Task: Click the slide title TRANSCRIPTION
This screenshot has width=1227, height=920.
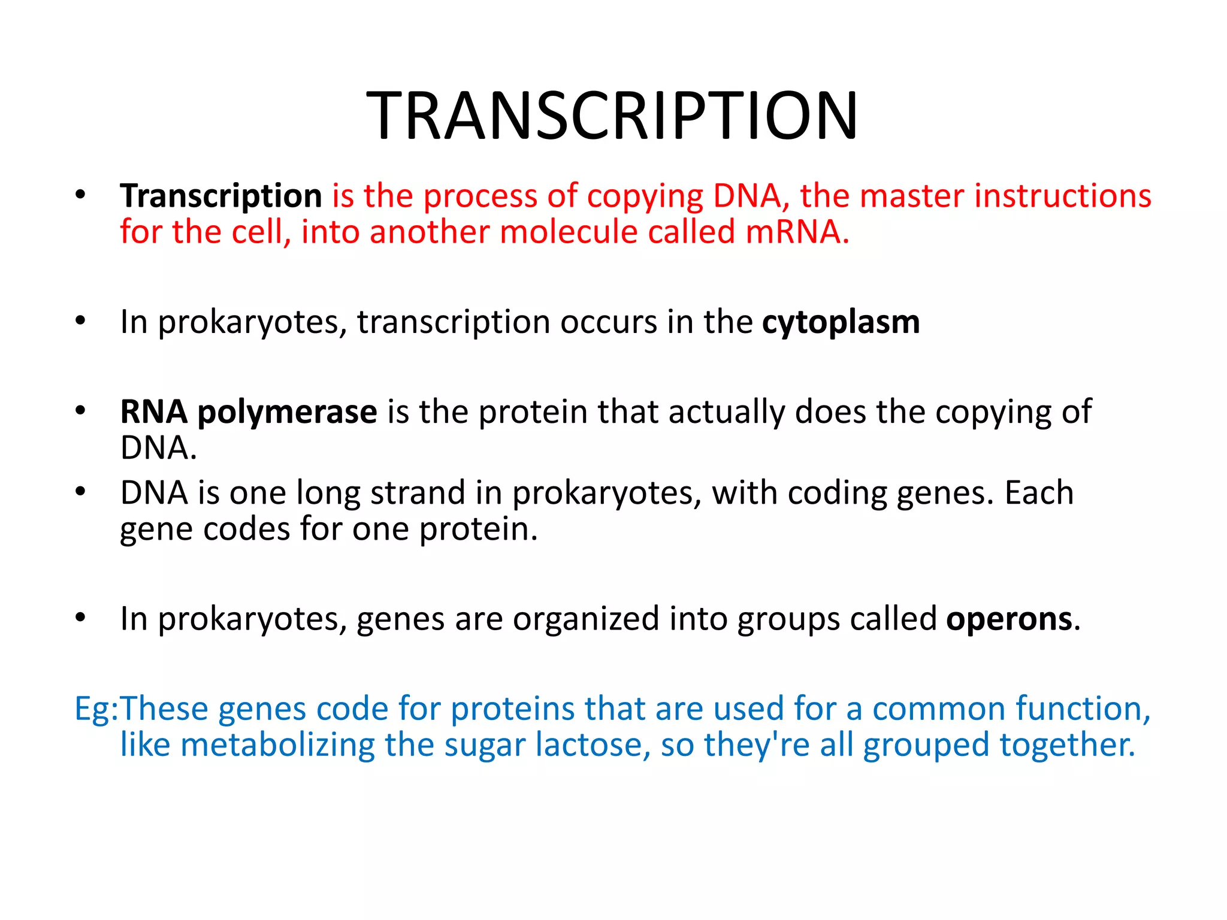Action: click(x=612, y=115)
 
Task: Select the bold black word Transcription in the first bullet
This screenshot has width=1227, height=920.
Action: click(x=221, y=196)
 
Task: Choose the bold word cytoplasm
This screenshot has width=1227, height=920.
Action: click(x=841, y=322)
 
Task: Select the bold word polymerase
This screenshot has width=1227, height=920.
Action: click(x=287, y=412)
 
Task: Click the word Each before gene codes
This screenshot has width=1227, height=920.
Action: click(x=1039, y=493)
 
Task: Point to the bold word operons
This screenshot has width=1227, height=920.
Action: click(x=1009, y=619)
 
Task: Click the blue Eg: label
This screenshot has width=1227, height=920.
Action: click(x=96, y=709)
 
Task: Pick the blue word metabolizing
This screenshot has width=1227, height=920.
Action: click(x=277, y=745)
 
